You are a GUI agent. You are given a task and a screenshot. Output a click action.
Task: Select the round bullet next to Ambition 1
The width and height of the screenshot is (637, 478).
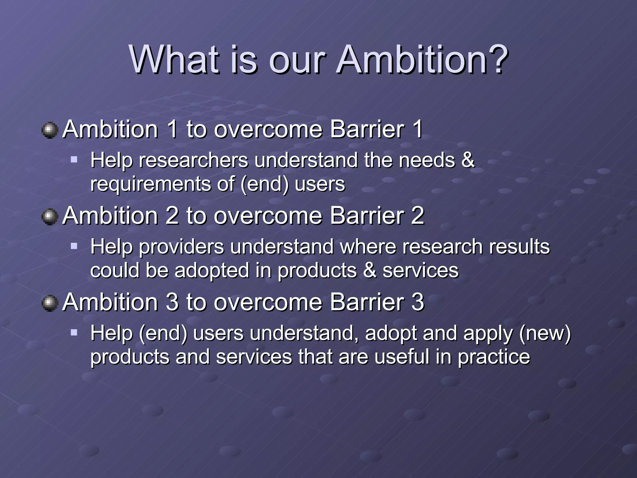pyautogui.click(x=50, y=130)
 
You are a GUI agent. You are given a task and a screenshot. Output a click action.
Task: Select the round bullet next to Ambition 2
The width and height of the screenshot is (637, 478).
pyautogui.click(x=50, y=217)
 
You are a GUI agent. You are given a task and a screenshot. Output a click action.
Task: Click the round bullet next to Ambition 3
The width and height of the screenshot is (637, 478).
pyautogui.click(x=50, y=303)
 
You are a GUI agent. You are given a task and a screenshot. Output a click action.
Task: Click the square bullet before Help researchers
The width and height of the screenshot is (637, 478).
pyautogui.click(x=74, y=160)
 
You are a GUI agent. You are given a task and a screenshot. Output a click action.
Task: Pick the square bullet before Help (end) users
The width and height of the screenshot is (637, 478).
pyautogui.click(x=74, y=333)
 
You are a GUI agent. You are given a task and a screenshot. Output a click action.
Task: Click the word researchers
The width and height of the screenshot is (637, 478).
pyautogui.click(x=193, y=161)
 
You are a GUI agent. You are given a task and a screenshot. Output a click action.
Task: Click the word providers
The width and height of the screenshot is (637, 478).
pyautogui.click(x=181, y=247)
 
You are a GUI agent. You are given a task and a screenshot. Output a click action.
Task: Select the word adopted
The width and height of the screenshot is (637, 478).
pyautogui.click(x=212, y=270)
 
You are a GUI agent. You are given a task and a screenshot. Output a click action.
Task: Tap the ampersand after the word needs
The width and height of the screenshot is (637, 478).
pyautogui.click(x=468, y=160)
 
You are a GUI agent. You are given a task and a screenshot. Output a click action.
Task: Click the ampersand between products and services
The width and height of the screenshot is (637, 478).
pyautogui.click(x=370, y=270)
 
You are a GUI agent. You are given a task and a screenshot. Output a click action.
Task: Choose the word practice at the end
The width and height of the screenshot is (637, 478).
pyautogui.click(x=494, y=357)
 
